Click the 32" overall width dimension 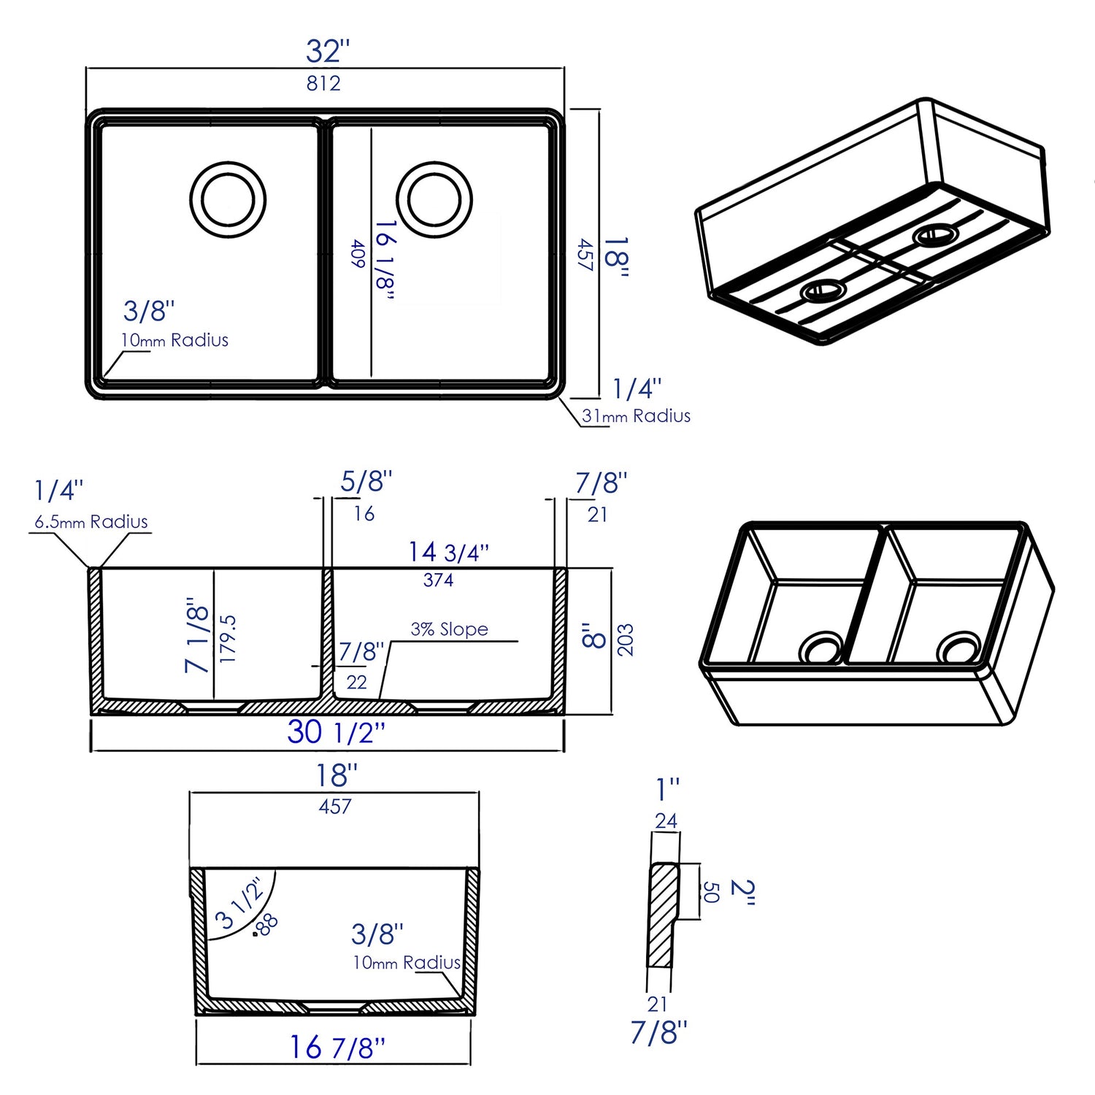[328, 51]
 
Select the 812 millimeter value [323, 83]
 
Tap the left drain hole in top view [228, 199]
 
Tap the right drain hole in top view [434, 199]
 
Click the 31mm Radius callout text [636, 416]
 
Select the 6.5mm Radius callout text [91, 522]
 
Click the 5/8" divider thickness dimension [366, 481]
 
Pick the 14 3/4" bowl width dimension [447, 552]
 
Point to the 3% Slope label [449, 629]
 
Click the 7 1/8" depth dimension [198, 635]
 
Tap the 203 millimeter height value [626, 639]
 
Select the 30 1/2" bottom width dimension [336, 732]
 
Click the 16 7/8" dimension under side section [337, 1048]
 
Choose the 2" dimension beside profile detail [742, 892]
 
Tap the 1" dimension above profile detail [667, 789]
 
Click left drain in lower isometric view [822, 648]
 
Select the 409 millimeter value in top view [358, 254]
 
